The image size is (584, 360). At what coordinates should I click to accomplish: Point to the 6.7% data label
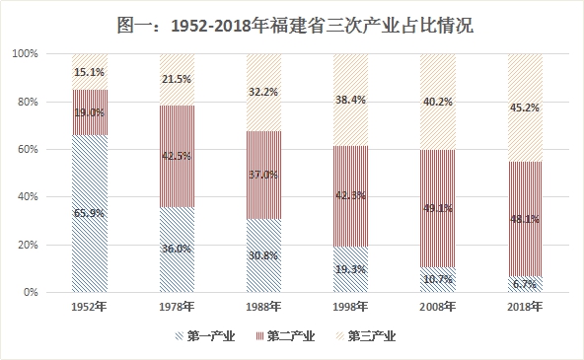click(x=527, y=284)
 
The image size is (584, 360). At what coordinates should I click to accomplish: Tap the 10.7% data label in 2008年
click(x=439, y=280)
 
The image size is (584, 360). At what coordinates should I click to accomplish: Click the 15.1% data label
click(x=90, y=71)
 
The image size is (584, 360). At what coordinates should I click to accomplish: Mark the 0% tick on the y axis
click(x=31, y=293)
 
